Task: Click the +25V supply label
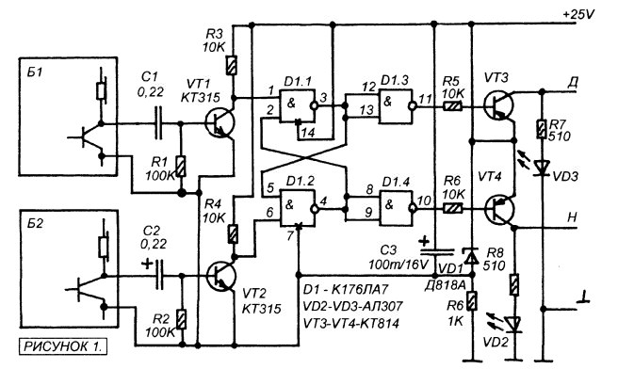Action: pyautogui.click(x=578, y=14)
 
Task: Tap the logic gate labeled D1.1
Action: pyautogui.click(x=298, y=105)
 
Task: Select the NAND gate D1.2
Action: pyautogui.click(x=298, y=208)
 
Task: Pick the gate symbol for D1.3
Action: pyautogui.click(x=397, y=105)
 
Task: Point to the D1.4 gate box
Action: pyautogui.click(x=397, y=208)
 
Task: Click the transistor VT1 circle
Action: pyautogui.click(x=219, y=123)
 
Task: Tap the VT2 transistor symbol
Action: pyautogui.click(x=220, y=276)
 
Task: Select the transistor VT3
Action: pyautogui.click(x=498, y=105)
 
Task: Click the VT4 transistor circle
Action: pyautogui.click(x=500, y=209)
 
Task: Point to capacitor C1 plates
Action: pyautogui.click(x=158, y=123)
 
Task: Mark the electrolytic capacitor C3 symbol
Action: pyautogui.click(x=436, y=252)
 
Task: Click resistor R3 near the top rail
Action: pyautogui.click(x=232, y=65)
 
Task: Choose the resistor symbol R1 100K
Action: pyautogui.click(x=181, y=166)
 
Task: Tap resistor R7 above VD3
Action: pyautogui.click(x=542, y=129)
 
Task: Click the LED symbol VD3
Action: pyautogui.click(x=542, y=168)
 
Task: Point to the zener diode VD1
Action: pyautogui.click(x=471, y=256)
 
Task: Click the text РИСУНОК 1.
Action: pyautogui.click(x=63, y=346)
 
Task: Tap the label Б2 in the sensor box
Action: pyautogui.click(x=35, y=223)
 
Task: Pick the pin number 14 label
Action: pyautogui.click(x=308, y=133)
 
